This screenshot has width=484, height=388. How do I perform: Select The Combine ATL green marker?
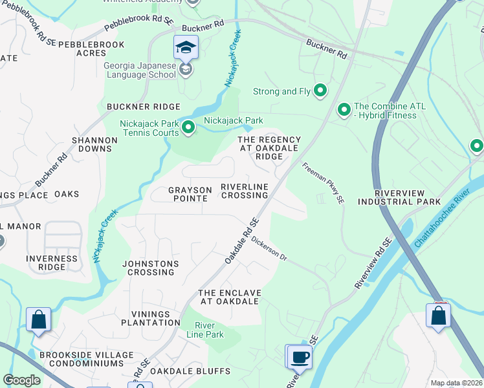(344, 111)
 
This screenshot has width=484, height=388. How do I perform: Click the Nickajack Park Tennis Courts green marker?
(188, 128)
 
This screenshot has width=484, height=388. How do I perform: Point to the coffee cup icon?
(300, 356)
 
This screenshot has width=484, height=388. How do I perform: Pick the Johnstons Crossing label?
(149, 268)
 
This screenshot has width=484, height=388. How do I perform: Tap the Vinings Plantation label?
(149, 318)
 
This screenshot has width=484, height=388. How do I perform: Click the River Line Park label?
(205, 330)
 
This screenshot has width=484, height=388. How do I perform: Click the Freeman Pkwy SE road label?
(322, 184)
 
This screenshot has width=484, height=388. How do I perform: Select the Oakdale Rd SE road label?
(242, 240)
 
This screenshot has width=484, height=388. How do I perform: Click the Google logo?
(21, 380)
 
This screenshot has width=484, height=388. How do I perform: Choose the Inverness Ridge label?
(52, 263)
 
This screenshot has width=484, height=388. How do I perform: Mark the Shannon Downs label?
(94, 144)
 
